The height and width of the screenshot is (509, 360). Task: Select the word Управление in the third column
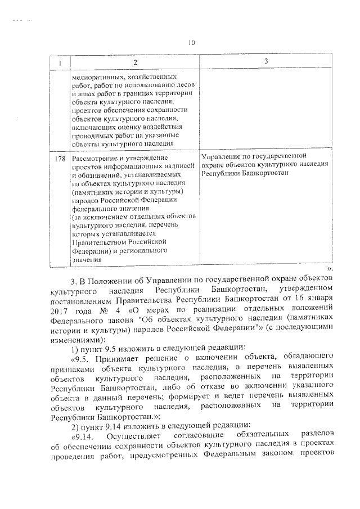tap(220, 155)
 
